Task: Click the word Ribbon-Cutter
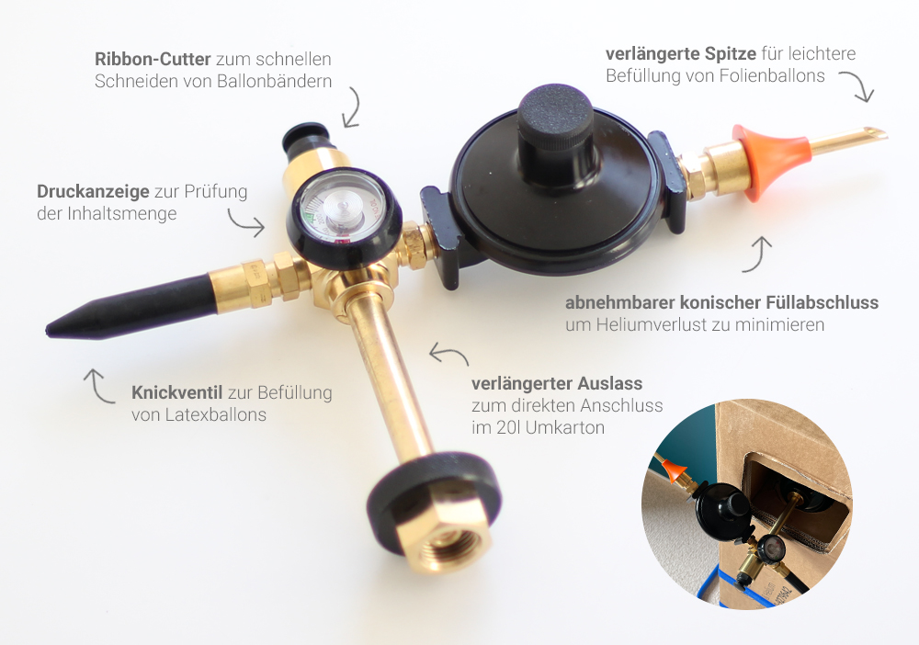pos(153,59)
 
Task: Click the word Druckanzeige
pos(93,191)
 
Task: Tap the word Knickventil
pos(176,392)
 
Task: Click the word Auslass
pos(609,384)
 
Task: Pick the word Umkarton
pos(565,427)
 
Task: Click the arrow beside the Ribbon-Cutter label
pos(352,107)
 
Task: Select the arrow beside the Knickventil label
pos(98,387)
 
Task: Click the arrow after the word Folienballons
pos(857,85)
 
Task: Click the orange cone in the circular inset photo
pos(674,468)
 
